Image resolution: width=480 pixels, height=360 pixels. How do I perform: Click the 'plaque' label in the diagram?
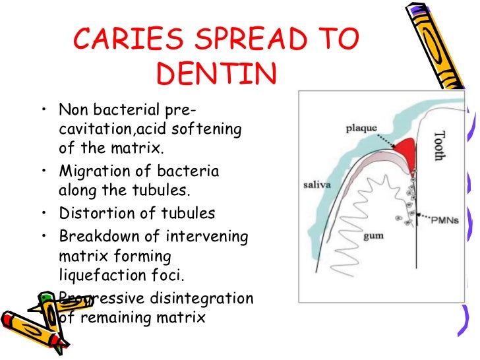(x=361, y=129)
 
